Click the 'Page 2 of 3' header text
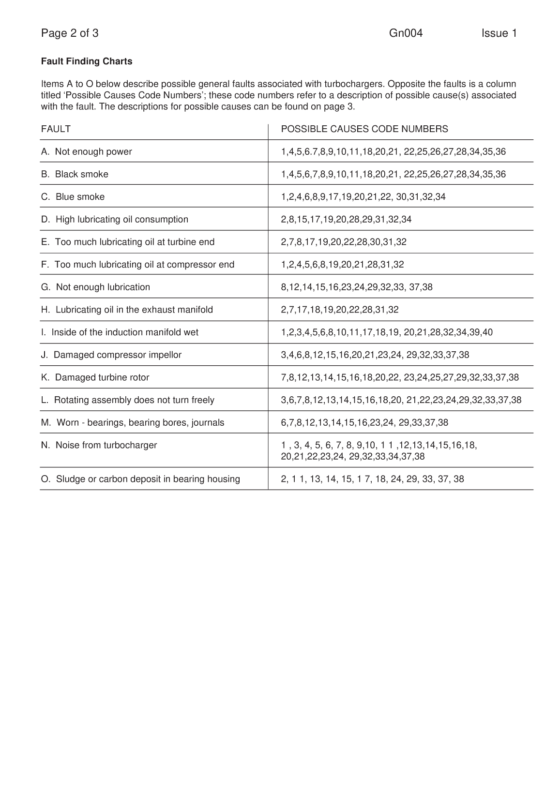70,33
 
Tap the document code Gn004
406,33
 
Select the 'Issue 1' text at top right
499,33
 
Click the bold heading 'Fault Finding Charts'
87,61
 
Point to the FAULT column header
56,129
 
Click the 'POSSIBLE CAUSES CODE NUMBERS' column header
364,129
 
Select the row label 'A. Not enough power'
87,152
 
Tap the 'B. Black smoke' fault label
75,174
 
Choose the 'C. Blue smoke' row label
73,197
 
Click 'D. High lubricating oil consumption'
115,220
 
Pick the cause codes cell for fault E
344,242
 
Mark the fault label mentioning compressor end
138,265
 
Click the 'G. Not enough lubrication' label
96,287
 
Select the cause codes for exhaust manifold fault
340,310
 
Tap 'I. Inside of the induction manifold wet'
120,332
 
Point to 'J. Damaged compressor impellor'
111,355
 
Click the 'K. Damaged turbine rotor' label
95,377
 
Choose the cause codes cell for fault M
364,423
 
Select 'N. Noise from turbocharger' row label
99,445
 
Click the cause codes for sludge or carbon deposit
372,479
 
